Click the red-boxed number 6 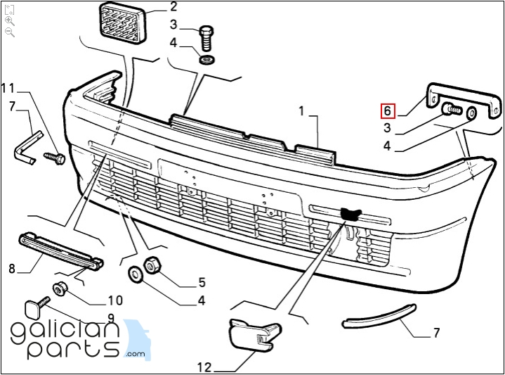coord(388,110)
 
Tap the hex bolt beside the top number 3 coord(206,38)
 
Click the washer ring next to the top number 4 coord(207,60)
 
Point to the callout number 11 coord(8,88)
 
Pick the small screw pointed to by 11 coord(55,158)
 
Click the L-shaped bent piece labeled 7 coord(28,148)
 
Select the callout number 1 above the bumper coord(301,111)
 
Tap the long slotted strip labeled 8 coord(61,250)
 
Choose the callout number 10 coord(115,300)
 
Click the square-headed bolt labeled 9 coord(37,307)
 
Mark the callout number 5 coord(202,282)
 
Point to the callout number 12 coord(204,367)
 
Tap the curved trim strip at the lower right coord(379,316)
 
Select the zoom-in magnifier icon coord(10,22)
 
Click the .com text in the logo coord(136,354)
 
